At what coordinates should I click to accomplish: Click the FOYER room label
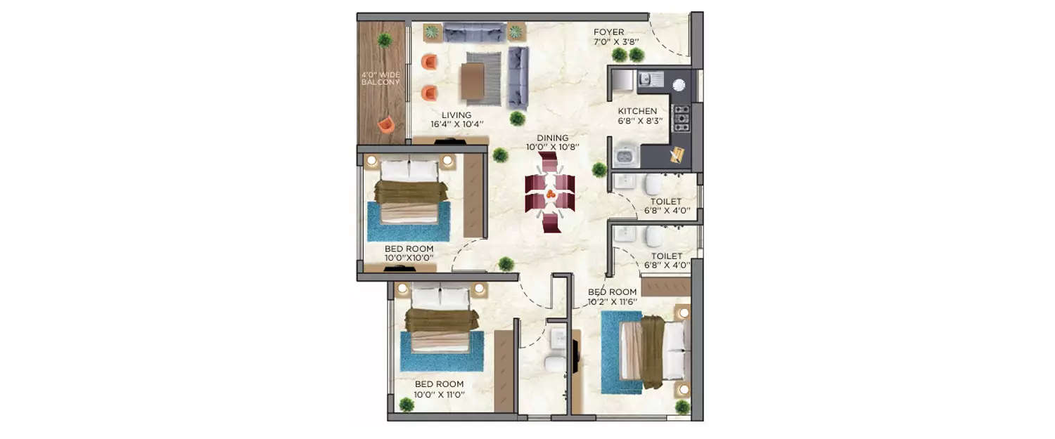608,32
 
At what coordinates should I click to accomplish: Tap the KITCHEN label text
637,111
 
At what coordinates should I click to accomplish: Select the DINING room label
551,138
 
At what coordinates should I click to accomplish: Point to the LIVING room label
456,115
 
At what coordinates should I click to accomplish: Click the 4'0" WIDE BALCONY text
381,78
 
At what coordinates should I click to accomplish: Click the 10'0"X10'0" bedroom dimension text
409,258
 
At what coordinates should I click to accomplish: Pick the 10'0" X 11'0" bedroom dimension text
439,394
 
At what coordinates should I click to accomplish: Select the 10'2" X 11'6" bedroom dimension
612,301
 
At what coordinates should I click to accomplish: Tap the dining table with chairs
550,193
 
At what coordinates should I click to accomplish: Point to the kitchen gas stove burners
681,119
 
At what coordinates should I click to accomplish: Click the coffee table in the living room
472,80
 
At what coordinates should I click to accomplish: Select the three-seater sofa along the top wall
475,32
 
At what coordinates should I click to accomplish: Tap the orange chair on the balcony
385,125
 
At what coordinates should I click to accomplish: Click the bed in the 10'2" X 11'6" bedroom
651,351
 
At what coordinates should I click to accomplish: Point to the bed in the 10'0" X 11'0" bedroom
442,320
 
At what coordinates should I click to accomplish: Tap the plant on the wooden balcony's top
384,40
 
